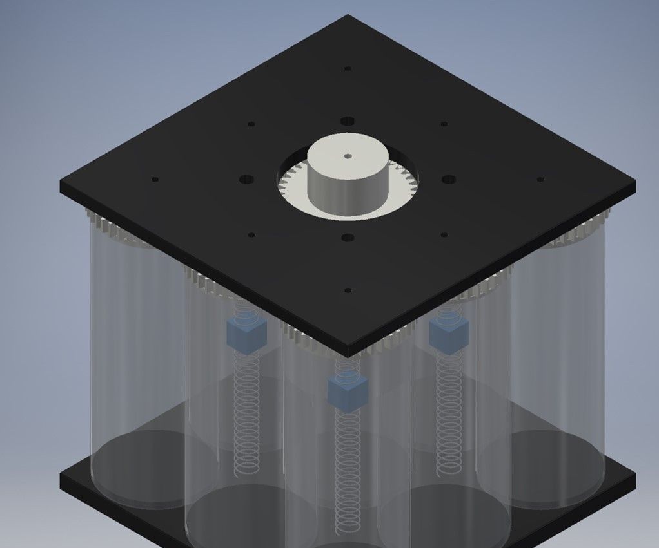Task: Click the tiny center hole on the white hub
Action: tap(348, 156)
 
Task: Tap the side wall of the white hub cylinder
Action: tap(348, 193)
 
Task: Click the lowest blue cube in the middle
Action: tap(348, 392)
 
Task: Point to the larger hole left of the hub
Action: tap(246, 179)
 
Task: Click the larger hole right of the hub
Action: tap(449, 179)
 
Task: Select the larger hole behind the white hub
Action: tap(348, 121)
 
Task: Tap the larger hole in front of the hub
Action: tap(348, 238)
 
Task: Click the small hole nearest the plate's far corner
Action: tap(348, 68)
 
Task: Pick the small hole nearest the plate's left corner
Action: tap(155, 180)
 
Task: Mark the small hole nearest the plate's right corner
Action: tap(540, 180)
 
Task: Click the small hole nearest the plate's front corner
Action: tap(348, 290)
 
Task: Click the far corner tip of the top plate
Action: tap(348, 15)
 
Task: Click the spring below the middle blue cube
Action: tap(348, 470)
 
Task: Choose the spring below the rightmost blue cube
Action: tap(447, 412)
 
